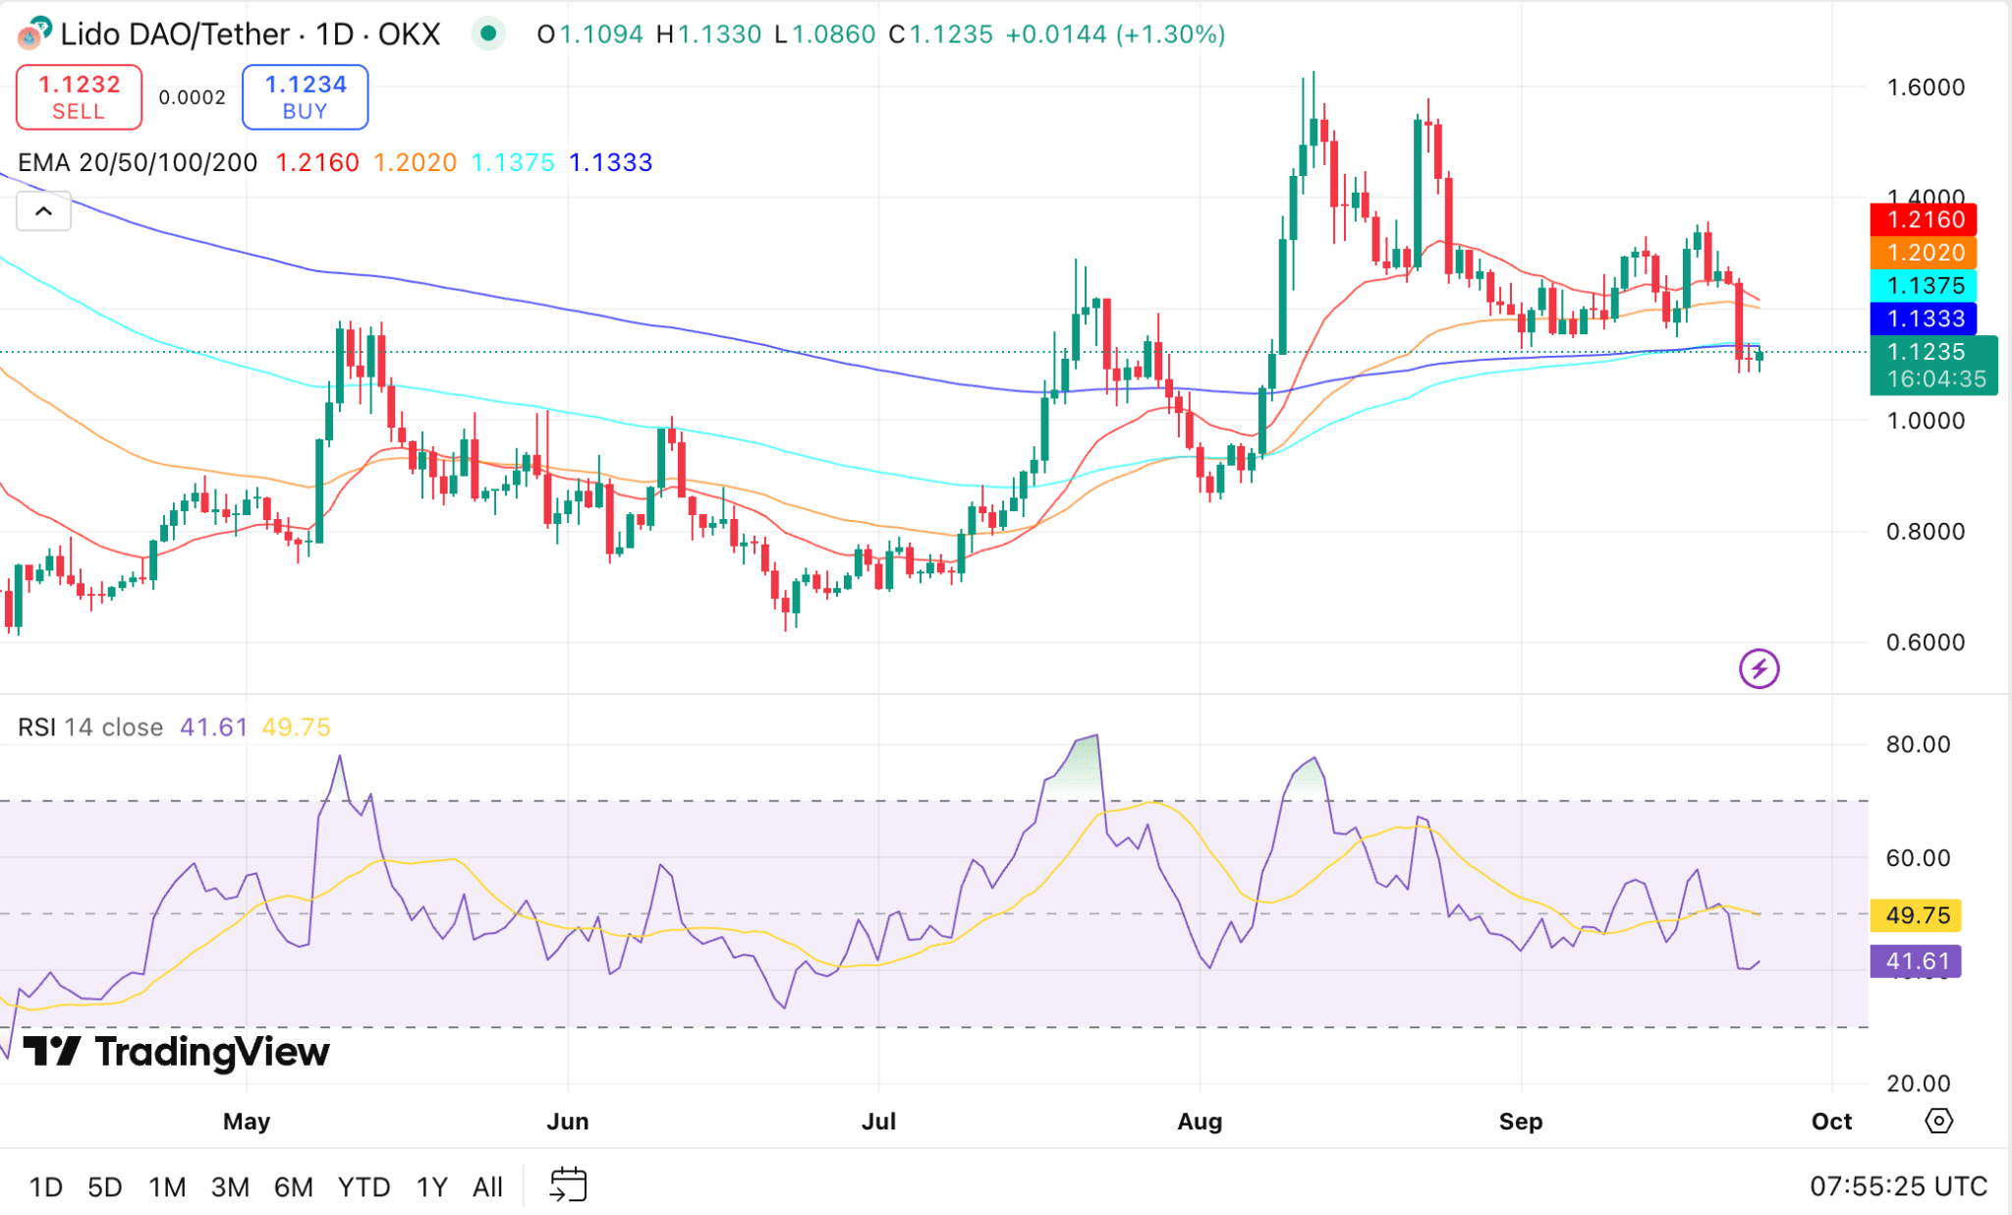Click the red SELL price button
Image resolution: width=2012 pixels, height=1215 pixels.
[79, 96]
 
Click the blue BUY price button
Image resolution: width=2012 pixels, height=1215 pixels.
[305, 96]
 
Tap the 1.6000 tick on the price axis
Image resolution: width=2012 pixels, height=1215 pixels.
[1925, 87]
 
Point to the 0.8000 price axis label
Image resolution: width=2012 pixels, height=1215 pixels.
[1925, 532]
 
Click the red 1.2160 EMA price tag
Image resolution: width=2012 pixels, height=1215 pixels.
[1923, 219]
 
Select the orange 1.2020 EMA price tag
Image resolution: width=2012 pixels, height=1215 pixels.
[1923, 253]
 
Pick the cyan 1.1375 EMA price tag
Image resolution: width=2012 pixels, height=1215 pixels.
[1923, 286]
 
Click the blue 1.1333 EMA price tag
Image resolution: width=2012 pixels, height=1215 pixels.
[1923, 318]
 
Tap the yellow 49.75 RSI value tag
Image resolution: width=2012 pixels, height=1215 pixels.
[1917, 915]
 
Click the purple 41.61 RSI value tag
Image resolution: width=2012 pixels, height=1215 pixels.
[1916, 960]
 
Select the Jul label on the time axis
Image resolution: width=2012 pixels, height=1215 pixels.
[878, 1121]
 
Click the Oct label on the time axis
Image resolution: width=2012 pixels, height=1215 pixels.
[1831, 1121]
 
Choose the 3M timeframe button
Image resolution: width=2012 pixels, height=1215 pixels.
[230, 1186]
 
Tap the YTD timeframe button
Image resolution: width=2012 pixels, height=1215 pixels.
[363, 1186]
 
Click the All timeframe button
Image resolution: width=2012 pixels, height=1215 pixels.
[487, 1186]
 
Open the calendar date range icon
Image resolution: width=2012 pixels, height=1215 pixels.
[568, 1185]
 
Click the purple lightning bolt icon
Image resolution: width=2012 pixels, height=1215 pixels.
[1759, 668]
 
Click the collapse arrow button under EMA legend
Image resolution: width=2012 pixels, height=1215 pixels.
[44, 211]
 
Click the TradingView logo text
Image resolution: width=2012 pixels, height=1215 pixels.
[177, 1052]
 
